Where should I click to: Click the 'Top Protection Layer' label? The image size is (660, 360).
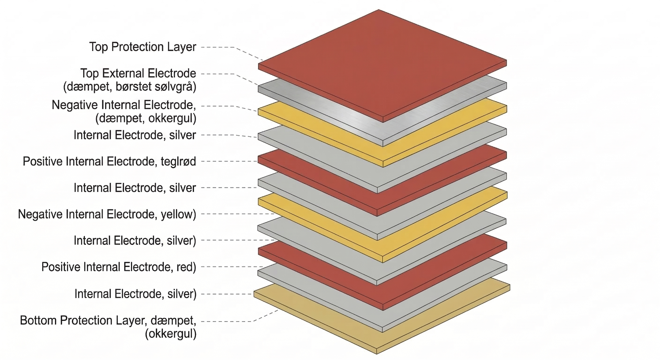(143, 47)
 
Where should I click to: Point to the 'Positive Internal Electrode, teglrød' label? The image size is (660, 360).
(109, 161)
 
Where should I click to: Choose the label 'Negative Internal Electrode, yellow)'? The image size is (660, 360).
(107, 214)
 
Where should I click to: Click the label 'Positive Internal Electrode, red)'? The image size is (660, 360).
(119, 267)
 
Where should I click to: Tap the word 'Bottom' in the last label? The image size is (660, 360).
(38, 320)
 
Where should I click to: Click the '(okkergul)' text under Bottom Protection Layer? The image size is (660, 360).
(170, 334)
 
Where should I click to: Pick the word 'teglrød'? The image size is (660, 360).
(178, 161)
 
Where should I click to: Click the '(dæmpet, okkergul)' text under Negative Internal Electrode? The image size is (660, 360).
(146, 118)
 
